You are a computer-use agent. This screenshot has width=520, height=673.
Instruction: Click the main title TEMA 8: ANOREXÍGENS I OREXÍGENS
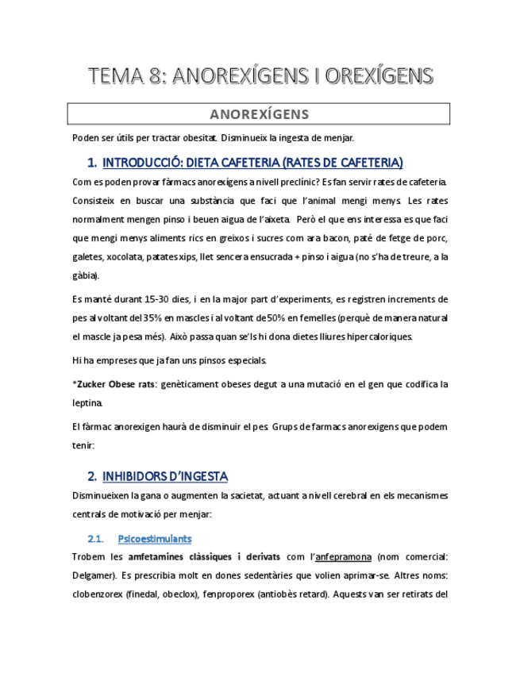[260, 76]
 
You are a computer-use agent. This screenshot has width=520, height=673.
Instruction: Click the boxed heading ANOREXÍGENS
[260, 113]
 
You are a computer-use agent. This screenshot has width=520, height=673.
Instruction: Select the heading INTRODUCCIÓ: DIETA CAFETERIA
[252, 163]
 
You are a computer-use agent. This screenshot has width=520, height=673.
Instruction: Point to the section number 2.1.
[96, 539]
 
